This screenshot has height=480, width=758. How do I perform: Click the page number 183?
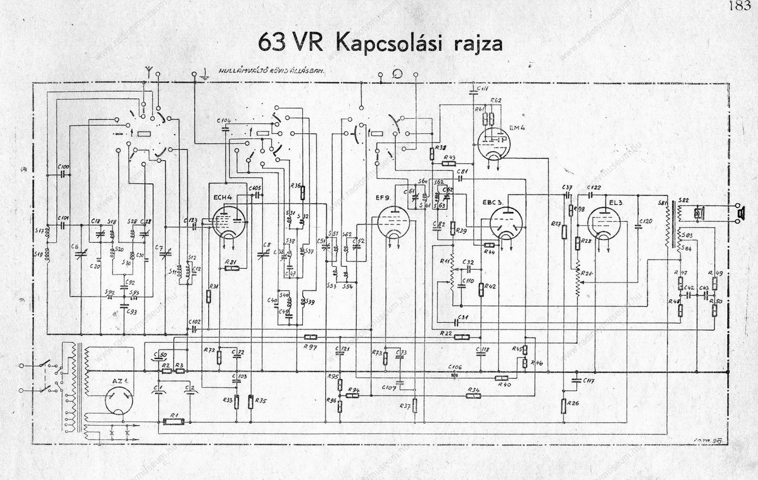click(740, 6)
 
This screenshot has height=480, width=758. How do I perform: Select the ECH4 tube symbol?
click(228, 222)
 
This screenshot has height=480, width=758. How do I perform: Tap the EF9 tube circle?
click(393, 222)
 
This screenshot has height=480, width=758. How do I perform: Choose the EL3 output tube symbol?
click(605, 222)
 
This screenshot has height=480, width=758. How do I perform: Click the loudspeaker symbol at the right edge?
click(740, 213)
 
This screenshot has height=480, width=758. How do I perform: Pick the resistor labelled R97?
click(310, 337)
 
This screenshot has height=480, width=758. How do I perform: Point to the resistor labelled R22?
click(461, 337)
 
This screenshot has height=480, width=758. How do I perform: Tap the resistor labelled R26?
click(564, 406)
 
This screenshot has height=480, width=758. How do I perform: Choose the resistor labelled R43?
click(449, 163)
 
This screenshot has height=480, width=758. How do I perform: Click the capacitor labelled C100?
click(63, 174)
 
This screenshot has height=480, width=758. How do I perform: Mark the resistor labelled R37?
click(415, 406)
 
